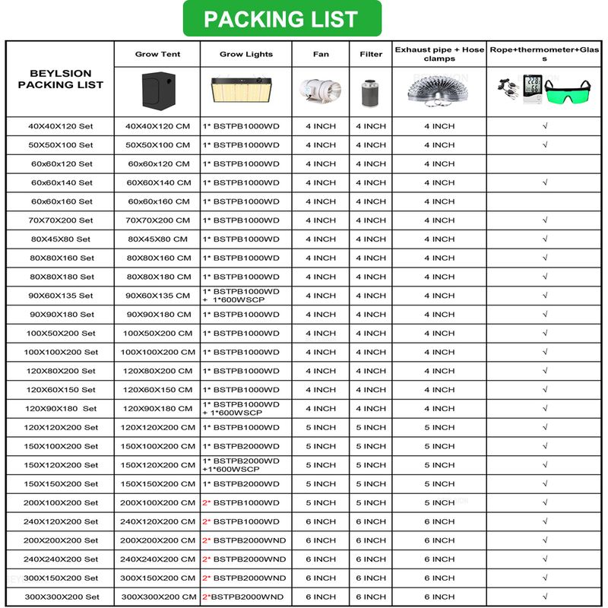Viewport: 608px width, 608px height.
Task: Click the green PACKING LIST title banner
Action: (281, 19)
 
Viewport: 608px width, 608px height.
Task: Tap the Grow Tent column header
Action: (157, 55)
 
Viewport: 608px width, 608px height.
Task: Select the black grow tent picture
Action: (157, 90)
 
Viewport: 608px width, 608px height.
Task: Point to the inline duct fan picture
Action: (320, 90)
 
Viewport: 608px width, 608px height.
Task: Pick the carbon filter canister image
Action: (371, 90)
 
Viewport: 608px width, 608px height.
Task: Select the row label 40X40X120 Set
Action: (61, 126)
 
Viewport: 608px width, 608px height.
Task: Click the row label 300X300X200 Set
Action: (62, 597)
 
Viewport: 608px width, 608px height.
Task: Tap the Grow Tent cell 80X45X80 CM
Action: (157, 239)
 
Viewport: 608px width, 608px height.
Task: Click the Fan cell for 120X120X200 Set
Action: (320, 428)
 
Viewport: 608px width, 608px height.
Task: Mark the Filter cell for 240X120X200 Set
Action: (371, 522)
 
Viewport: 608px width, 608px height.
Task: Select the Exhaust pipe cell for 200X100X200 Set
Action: (439, 503)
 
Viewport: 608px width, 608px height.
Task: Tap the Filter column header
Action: (371, 55)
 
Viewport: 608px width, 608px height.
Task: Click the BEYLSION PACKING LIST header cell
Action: (61, 80)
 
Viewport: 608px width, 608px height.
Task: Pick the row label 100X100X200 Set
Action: (61, 353)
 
